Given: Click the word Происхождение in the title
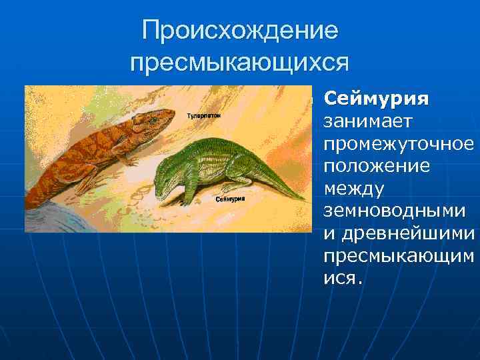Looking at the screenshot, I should [x=240, y=30].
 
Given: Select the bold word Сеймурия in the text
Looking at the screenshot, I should [x=376, y=99].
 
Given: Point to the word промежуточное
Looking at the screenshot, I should [x=399, y=144].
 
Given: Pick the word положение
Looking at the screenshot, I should [x=377, y=166].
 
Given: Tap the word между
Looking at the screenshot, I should [x=353, y=189].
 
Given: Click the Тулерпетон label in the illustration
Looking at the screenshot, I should [x=204, y=115].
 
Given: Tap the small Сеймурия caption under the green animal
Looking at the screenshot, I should [x=231, y=198].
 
